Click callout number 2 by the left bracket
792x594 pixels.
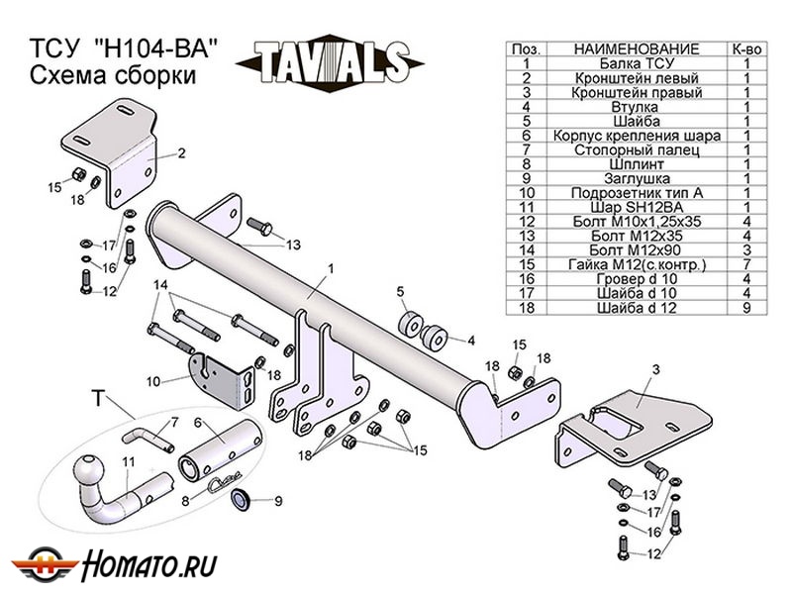click(x=182, y=153)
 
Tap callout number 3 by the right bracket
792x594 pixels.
click(x=654, y=369)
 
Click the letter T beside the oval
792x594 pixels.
click(x=98, y=400)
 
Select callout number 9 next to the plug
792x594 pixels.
click(x=278, y=500)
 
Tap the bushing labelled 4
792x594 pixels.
click(x=433, y=337)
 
